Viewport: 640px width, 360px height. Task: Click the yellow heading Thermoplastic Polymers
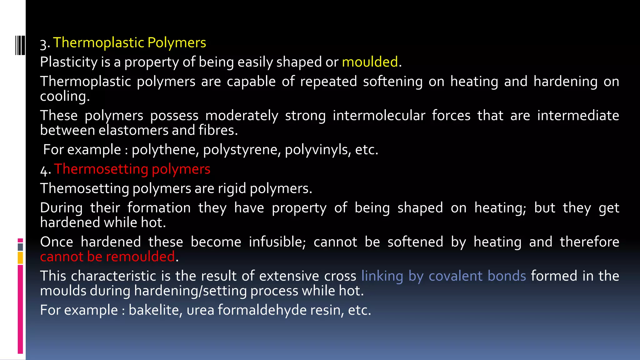(129, 42)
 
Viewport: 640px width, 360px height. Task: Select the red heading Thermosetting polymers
(132, 169)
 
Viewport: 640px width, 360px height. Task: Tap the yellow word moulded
(370, 62)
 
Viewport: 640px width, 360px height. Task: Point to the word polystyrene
(242, 150)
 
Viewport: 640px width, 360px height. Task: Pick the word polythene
(165, 150)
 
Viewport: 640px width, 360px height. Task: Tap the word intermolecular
(379, 116)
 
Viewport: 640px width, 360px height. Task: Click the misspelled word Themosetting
(84, 188)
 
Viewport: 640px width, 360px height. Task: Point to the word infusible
(277, 242)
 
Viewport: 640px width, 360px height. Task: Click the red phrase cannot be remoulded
(107, 257)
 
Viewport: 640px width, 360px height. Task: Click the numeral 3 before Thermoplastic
(44, 44)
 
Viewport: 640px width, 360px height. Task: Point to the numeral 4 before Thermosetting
(44, 170)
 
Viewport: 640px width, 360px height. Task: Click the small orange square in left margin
(20, 258)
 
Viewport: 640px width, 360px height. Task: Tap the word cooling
(64, 96)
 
